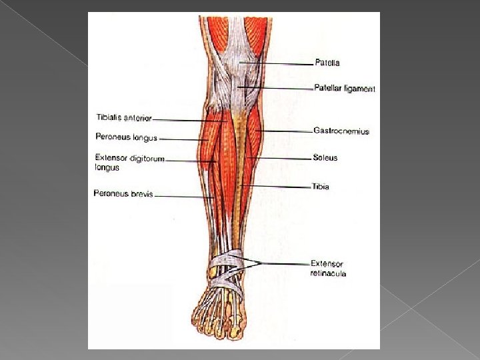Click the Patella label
point(327,63)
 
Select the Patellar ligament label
point(345,89)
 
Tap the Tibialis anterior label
point(123,118)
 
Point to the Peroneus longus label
point(126,138)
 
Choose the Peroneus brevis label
point(123,194)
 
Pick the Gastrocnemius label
point(341,131)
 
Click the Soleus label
point(325,158)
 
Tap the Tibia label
point(320,187)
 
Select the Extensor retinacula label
point(328,268)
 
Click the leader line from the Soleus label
point(280,158)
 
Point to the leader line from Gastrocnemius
point(287,131)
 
